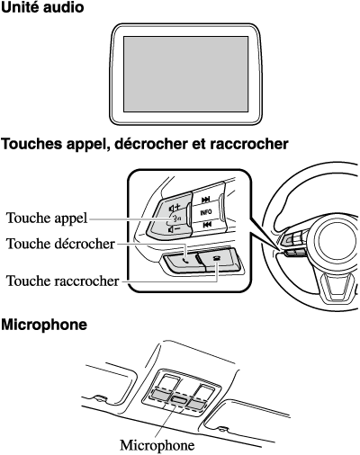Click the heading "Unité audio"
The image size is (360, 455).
pos(42,8)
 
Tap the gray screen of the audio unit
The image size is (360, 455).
pos(186,74)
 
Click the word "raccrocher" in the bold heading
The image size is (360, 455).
pos(248,144)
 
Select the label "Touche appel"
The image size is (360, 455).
pos(47,219)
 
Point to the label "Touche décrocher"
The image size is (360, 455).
pos(60,244)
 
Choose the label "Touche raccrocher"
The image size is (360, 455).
pos(63,281)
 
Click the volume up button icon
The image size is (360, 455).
pos(175,207)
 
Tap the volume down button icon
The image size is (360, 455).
pos(175,230)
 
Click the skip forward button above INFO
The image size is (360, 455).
pos(206,200)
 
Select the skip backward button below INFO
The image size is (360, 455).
pos(206,225)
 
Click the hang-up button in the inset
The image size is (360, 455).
pos(219,257)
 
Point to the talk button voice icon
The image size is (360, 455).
pos(175,219)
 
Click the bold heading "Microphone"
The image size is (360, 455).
pos(44,325)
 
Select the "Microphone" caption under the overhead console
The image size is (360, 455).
pos(157,445)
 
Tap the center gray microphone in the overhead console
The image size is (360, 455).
pos(179,399)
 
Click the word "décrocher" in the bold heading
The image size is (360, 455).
pos(152,144)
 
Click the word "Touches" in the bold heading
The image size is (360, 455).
pos(31,144)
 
